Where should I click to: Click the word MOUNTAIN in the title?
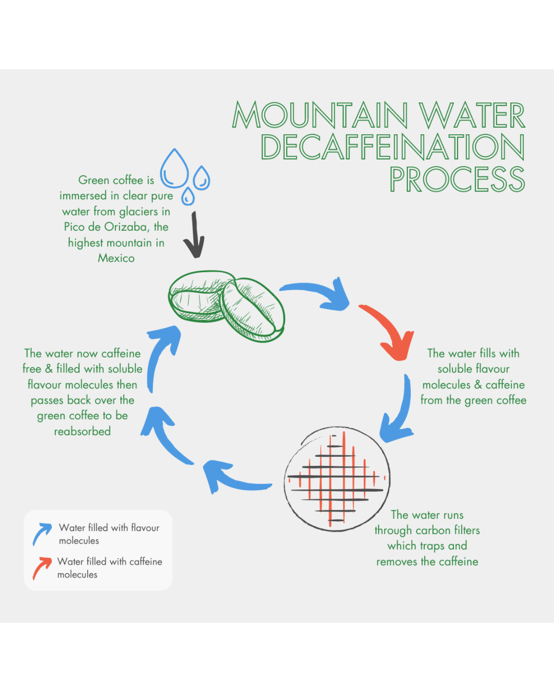320,115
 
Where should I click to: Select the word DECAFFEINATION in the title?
392,147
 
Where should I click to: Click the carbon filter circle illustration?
337,478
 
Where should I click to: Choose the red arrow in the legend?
42,568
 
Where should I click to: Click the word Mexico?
116,258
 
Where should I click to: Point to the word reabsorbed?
82,431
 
